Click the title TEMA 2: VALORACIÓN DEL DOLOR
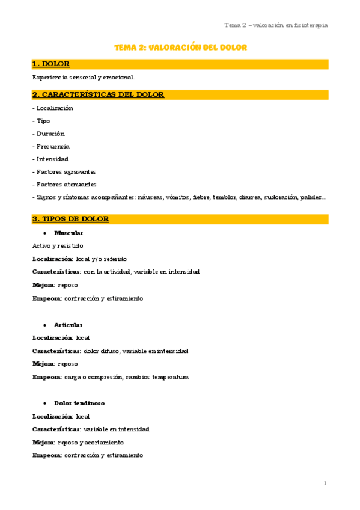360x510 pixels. [181, 47]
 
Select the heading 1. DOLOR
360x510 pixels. [51, 64]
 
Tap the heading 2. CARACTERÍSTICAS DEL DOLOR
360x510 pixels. [98, 94]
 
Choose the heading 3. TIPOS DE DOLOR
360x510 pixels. [70, 219]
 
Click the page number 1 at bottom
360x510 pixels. [325, 483]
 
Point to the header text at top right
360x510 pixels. [276, 25]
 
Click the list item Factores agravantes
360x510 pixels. [66, 172]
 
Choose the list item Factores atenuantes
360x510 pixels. [66, 185]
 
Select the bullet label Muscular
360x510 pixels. [69, 233]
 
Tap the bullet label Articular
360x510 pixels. [68, 325]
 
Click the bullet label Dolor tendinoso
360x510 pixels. [79, 403]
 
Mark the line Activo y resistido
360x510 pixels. [58, 245]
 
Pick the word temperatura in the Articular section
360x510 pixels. [170, 377]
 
